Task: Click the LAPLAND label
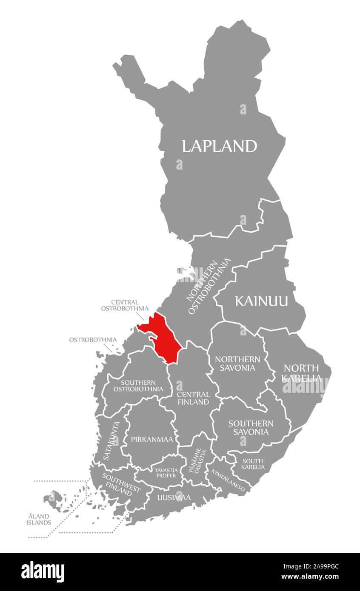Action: pos(219,146)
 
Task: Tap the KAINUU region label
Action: pos(261,301)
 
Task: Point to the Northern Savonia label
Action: pos(237,364)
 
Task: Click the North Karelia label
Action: pos(301,372)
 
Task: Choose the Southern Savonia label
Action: pos(251,427)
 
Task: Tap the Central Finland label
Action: pos(193,398)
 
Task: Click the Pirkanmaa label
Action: pos(151,440)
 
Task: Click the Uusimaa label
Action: pos(174,497)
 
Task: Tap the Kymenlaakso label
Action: pos(228,480)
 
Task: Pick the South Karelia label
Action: pos(252,464)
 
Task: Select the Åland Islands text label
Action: pos(38,519)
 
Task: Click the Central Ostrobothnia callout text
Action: pos(125,305)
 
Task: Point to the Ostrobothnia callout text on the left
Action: pos(93,340)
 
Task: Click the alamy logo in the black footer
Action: pos(43,572)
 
